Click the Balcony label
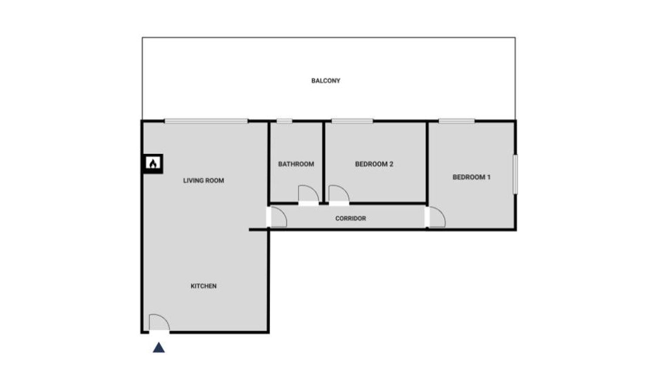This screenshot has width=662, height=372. [x=326, y=80]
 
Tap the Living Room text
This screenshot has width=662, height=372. [x=203, y=181]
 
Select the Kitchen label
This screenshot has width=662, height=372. [x=203, y=286]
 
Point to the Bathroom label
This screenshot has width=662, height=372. [x=296, y=164]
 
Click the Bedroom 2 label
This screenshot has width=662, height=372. [x=374, y=164]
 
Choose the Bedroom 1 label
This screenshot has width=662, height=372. [x=471, y=177]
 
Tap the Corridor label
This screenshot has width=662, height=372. [x=351, y=218]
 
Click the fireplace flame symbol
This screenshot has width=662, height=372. [x=153, y=163]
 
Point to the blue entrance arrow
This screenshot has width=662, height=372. [x=159, y=348]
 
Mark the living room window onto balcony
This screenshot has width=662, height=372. [x=206, y=121]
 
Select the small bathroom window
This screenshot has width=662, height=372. [x=284, y=121]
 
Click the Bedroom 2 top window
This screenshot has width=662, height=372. [x=352, y=121]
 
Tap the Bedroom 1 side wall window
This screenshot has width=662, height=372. [x=515, y=174]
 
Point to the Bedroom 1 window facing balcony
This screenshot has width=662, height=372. [x=456, y=121]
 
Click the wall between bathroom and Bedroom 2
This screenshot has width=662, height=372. [x=324, y=162]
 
